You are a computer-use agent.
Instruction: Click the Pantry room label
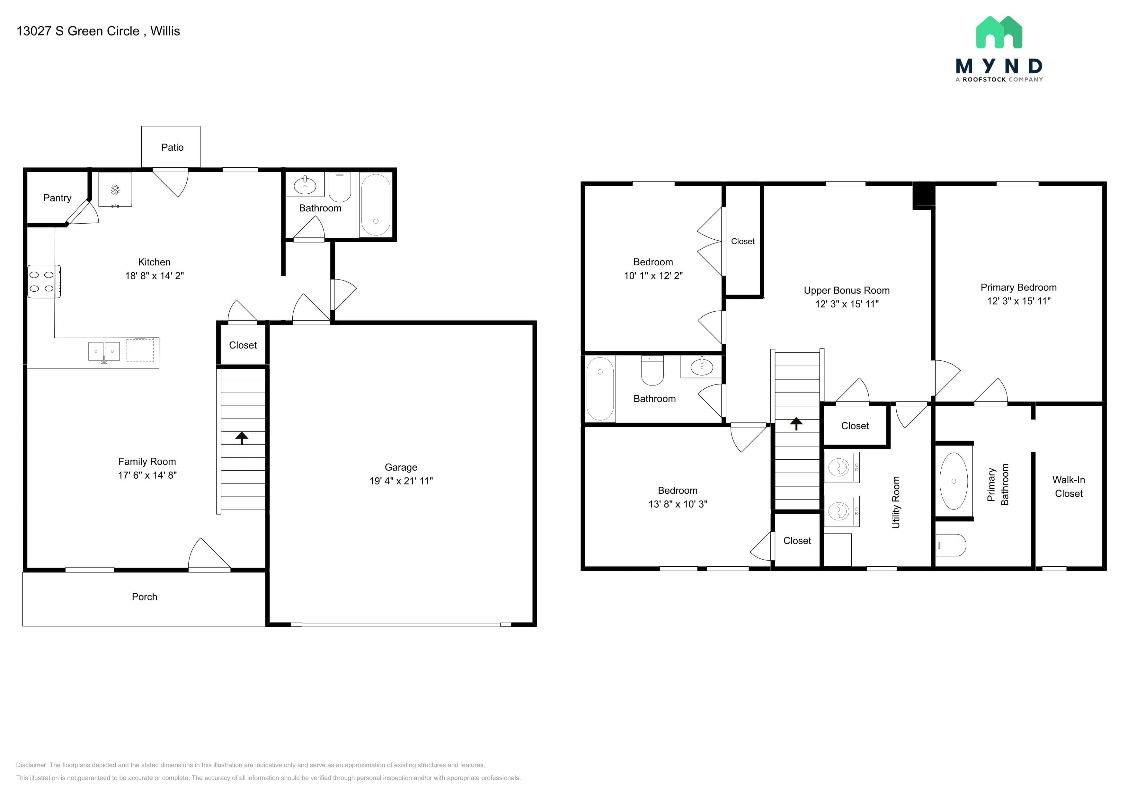pyautogui.click(x=58, y=198)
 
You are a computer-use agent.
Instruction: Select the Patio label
pyautogui.click(x=172, y=147)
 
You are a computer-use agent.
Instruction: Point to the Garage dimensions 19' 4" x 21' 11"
pyautogui.click(x=401, y=481)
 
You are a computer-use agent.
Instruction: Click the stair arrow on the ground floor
pyautogui.click(x=242, y=438)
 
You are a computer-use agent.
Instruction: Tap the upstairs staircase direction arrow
pyautogui.click(x=796, y=423)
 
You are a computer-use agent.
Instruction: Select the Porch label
pyautogui.click(x=144, y=597)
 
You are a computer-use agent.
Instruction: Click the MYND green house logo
pyautogui.click(x=999, y=32)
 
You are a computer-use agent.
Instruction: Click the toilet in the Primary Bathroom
pyautogui.click(x=951, y=545)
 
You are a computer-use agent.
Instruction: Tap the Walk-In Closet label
pyautogui.click(x=1069, y=487)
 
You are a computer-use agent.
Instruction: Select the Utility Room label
pyautogui.click(x=896, y=502)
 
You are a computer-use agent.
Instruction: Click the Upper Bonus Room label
pyautogui.click(x=847, y=290)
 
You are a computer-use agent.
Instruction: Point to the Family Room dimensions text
pyautogui.click(x=147, y=475)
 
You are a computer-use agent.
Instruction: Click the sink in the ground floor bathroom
pyautogui.click(x=305, y=185)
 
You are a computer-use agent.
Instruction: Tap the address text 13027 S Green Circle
pyautogui.click(x=78, y=31)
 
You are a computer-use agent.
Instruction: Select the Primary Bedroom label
pyautogui.click(x=1018, y=288)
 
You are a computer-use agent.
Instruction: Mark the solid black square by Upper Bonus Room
pyautogui.click(x=924, y=196)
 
